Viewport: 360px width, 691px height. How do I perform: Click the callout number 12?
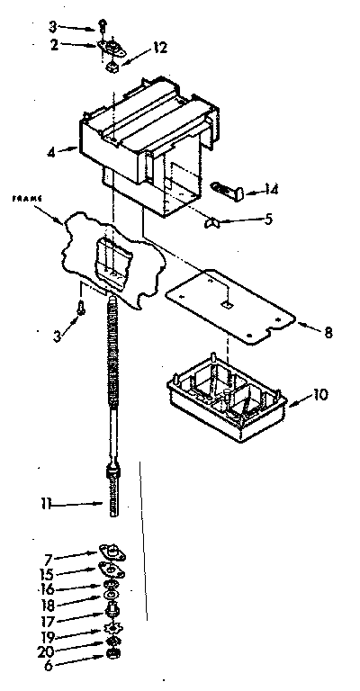pos(159,48)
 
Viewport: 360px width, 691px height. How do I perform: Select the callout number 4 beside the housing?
pos(52,152)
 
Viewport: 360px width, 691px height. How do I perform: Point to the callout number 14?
pos(273,189)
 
